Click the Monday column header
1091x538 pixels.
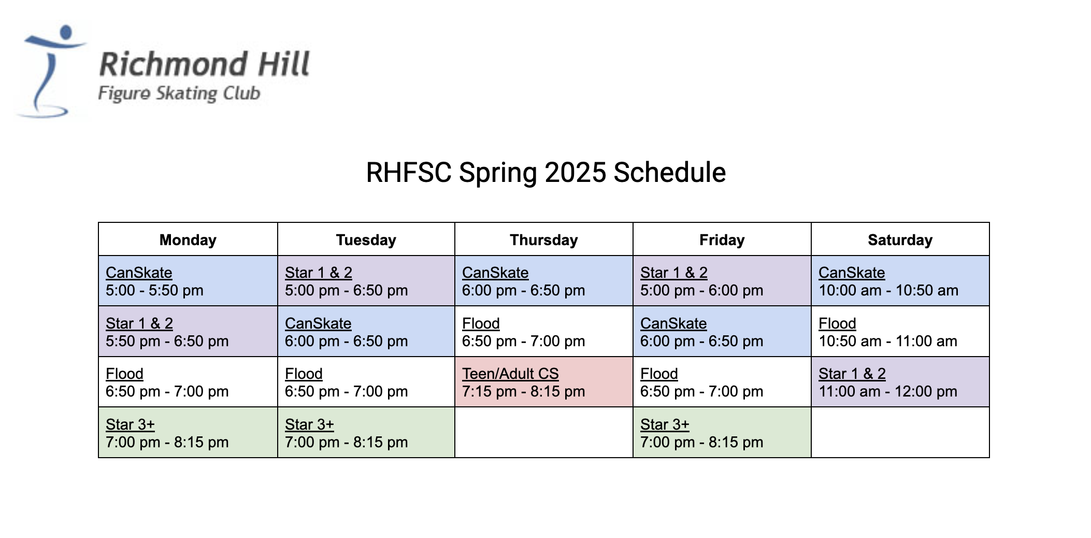point(188,240)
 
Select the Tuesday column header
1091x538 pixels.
point(366,240)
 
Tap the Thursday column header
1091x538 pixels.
point(543,240)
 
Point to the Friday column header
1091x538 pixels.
point(722,240)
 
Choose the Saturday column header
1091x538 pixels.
point(900,240)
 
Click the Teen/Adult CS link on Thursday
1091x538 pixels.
point(510,374)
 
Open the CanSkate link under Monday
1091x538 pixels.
point(139,273)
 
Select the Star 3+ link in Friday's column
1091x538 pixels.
point(665,424)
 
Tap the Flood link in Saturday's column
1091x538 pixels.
point(837,323)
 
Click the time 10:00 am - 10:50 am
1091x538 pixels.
point(888,290)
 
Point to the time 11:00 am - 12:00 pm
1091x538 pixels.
point(888,391)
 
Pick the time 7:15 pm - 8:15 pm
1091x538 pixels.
point(523,391)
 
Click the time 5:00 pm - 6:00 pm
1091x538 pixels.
point(701,290)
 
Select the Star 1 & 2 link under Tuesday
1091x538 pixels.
point(319,273)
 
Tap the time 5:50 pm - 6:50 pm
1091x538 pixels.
point(167,341)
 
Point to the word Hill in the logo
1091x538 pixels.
point(284,64)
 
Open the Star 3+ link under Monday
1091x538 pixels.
point(130,424)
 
